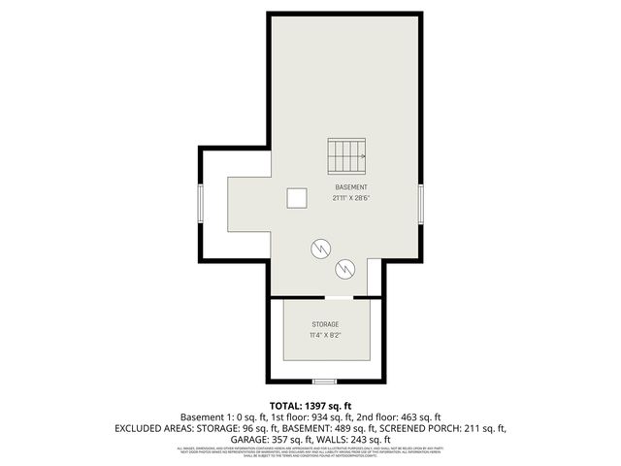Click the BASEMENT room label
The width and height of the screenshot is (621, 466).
[351, 186]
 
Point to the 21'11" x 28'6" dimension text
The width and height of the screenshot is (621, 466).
[351, 198]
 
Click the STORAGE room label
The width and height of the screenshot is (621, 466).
[325, 324]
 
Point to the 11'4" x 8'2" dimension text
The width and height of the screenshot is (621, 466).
[325, 336]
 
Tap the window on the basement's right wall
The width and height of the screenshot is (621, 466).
[422, 205]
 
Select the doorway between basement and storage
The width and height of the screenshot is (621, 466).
[338, 296]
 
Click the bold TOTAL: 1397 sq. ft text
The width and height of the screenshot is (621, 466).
[310, 405]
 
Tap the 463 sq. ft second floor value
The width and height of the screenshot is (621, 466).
[418, 416]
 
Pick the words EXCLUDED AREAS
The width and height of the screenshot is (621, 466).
[151, 427]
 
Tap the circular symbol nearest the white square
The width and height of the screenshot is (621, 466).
[319, 249]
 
